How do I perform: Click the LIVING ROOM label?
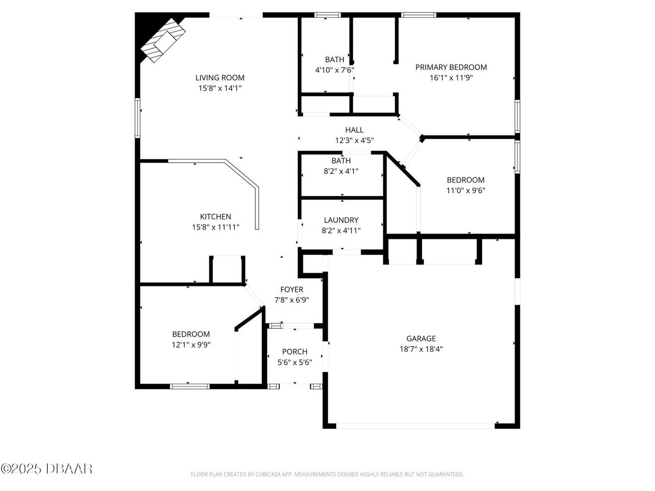(220, 78)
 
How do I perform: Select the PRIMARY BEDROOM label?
(451, 67)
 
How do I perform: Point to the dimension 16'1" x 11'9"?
(451, 78)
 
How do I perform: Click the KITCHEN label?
(215, 216)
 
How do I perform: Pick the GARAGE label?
(421, 338)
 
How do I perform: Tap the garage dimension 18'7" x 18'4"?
(421, 349)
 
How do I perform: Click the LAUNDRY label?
(341, 220)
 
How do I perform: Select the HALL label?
(354, 130)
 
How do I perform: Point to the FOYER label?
(292, 289)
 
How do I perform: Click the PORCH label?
(295, 351)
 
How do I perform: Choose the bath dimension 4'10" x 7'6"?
(335, 70)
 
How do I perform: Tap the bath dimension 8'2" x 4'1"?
(341, 171)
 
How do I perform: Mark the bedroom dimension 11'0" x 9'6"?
(466, 191)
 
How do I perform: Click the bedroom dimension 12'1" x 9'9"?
(191, 345)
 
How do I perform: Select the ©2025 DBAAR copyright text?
(47, 468)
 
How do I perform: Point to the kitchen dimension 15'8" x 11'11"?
(215, 227)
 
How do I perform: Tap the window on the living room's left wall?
(137, 118)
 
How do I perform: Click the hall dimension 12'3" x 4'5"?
(354, 141)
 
